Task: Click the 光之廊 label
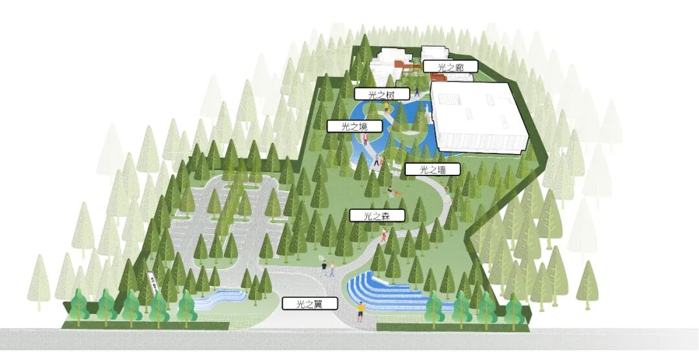click(450, 66)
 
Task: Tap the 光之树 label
click(382, 95)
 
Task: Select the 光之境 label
click(355, 126)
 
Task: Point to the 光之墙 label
click(432, 170)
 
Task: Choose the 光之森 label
click(377, 216)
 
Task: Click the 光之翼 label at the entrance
click(309, 303)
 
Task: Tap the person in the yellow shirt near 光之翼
click(361, 311)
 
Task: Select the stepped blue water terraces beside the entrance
click(382, 292)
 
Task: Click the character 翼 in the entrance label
click(320, 303)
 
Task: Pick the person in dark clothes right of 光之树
click(417, 92)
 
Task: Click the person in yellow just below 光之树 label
click(387, 107)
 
